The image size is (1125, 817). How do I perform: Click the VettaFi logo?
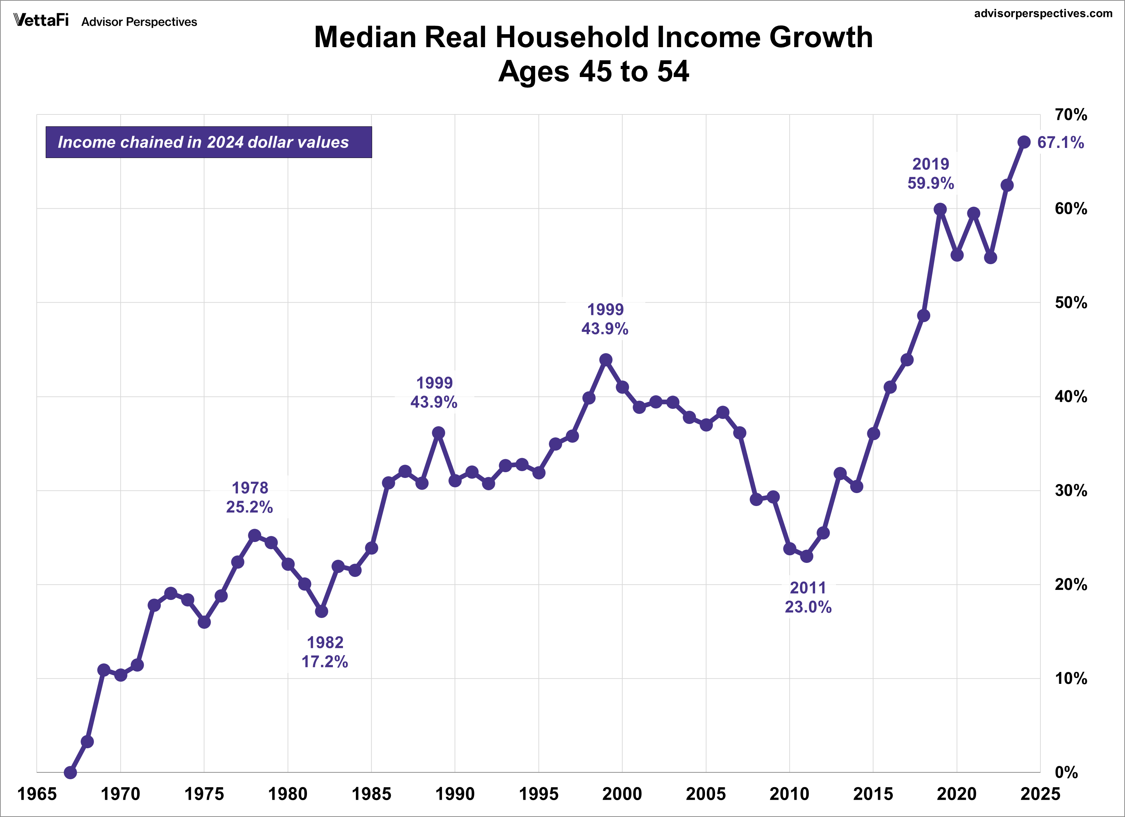41,21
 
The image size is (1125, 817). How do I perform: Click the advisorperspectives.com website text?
1043,13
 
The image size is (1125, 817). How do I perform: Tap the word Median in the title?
365,38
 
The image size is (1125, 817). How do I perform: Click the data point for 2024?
1024,142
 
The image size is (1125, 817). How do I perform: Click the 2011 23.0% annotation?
808,597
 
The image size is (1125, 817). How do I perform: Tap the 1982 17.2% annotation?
325,652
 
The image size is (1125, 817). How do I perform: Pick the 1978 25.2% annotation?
249,497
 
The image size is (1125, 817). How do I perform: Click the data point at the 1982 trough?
321,611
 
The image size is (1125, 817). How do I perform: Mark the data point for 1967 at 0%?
71,772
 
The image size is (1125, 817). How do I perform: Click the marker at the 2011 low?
807,556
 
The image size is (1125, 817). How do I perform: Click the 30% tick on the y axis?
1070,491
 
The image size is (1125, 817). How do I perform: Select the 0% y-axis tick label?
1066,772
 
